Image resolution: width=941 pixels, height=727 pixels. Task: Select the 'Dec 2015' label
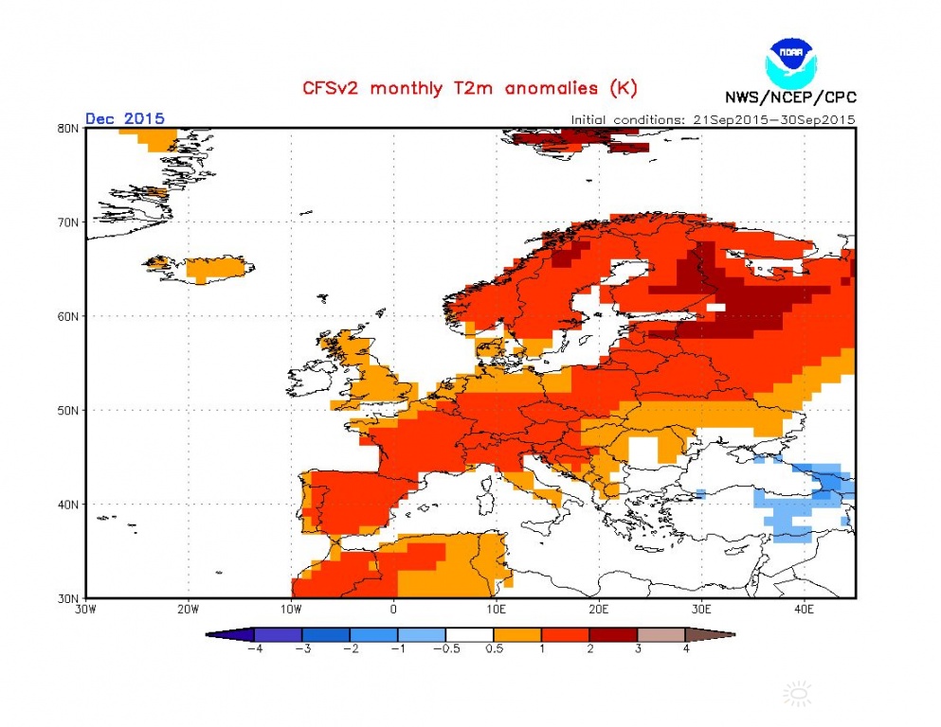[125, 118]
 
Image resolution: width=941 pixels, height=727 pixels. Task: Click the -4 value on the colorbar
[254, 650]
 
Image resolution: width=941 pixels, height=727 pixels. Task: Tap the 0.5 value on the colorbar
[493, 650]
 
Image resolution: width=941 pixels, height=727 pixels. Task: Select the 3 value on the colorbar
[637, 650]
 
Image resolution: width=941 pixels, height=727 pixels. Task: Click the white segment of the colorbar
[469, 635]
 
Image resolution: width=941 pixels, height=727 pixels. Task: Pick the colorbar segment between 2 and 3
[613, 635]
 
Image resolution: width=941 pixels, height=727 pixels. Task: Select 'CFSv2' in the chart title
[333, 88]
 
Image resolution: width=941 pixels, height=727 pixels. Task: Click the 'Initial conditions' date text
[713, 119]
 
